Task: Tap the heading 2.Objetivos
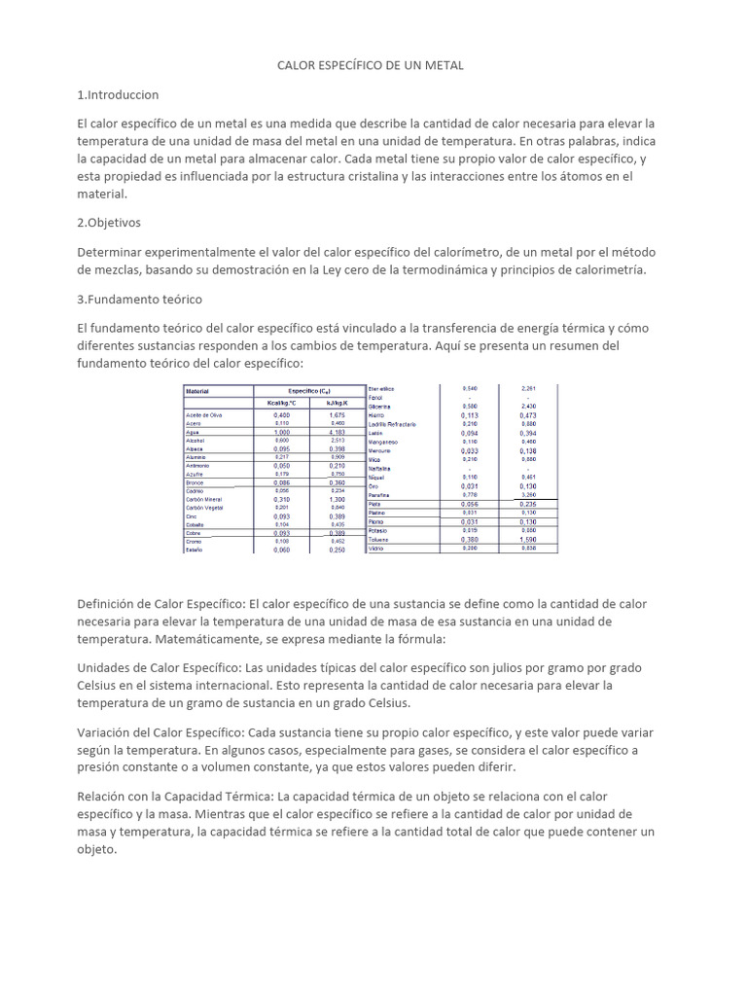pos(109,222)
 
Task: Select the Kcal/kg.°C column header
pos(281,403)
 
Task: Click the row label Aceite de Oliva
pos(206,414)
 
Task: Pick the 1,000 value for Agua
pos(281,432)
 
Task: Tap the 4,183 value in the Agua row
pos(337,432)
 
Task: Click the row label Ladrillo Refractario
pos(393,424)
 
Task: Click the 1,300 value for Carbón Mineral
pos(337,499)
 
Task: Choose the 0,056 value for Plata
pos(469,504)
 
